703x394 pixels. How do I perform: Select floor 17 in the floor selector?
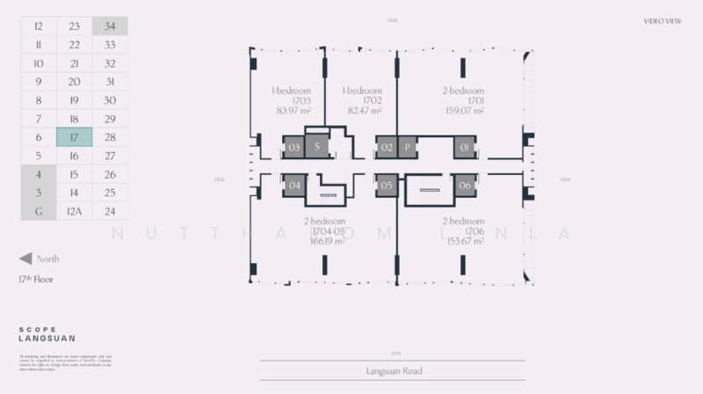coord(74,137)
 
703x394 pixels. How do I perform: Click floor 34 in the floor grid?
coord(110,26)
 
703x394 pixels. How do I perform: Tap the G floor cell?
coord(39,211)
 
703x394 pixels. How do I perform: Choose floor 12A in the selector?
coord(74,211)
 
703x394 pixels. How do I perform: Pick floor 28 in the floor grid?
coord(110,137)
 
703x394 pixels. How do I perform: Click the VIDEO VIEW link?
coord(663,20)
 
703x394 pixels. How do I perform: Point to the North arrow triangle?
coord(25,259)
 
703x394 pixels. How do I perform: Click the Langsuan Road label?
coord(392,371)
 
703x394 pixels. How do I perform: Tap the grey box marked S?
coord(316,147)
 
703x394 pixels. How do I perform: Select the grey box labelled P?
coord(408,147)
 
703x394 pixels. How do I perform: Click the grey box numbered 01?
coord(466,147)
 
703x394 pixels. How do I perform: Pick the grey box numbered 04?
coord(294,185)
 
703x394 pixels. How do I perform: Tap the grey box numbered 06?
coord(466,185)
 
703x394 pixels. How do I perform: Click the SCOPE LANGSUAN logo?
coord(47,333)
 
